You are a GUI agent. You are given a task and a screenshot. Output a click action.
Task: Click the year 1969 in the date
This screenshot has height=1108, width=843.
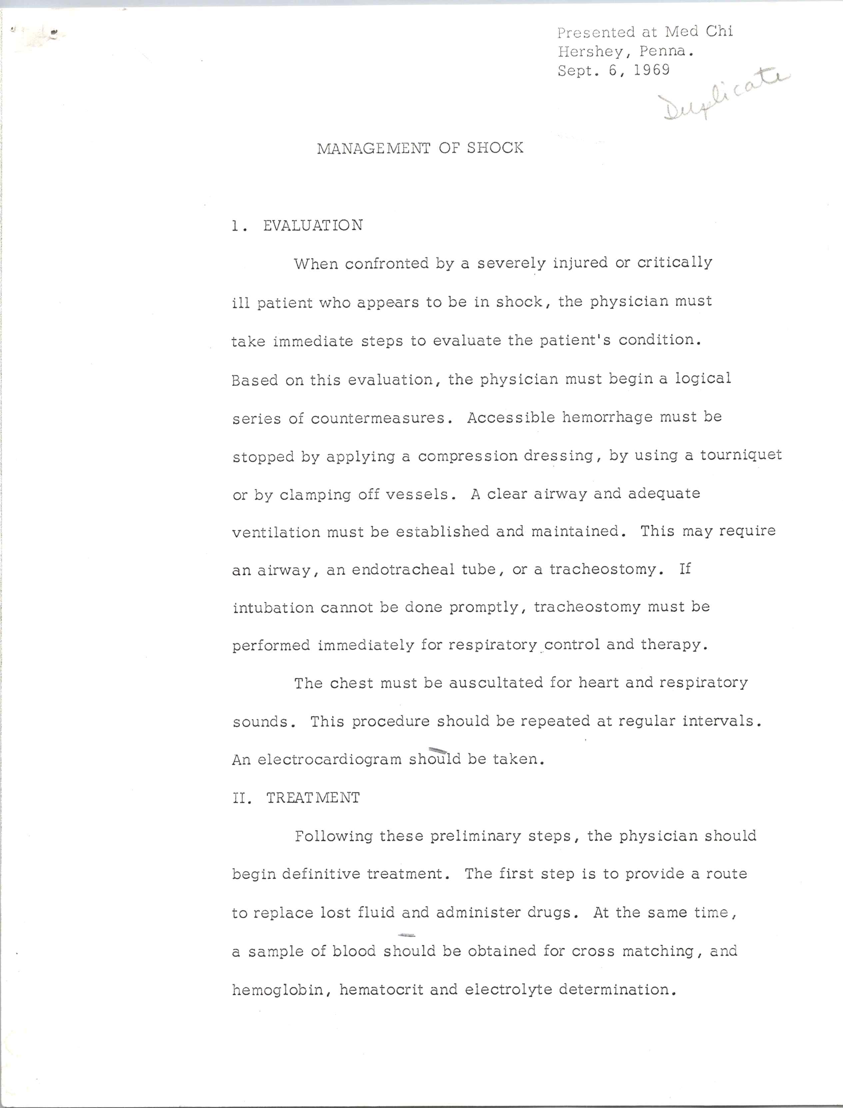[651, 70]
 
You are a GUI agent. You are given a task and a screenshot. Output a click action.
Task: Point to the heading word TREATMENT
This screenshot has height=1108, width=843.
[313, 798]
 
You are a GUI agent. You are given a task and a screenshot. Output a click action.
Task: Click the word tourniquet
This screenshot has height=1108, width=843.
[741, 455]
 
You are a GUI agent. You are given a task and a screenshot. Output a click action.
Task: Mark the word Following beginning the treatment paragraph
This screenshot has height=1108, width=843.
[333, 836]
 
